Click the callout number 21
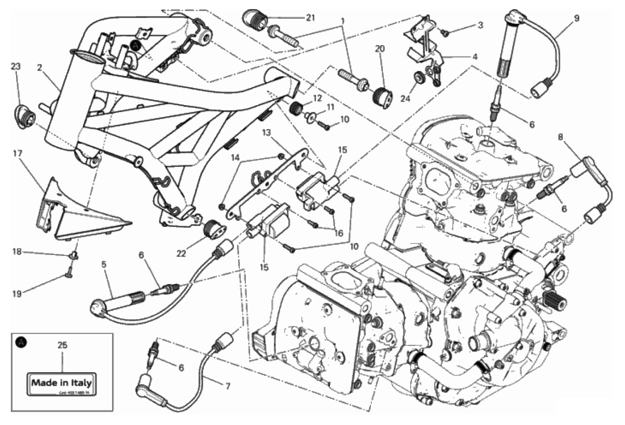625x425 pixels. (x=310, y=18)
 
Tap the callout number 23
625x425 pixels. (x=16, y=66)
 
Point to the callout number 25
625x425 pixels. (x=62, y=345)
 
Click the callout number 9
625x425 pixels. (x=576, y=18)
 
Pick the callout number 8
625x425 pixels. (x=561, y=138)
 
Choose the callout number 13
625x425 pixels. (x=266, y=133)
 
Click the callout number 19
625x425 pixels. (x=18, y=294)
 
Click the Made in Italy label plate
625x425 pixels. (x=62, y=384)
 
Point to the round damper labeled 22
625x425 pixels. (x=213, y=230)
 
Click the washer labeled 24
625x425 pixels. (x=418, y=78)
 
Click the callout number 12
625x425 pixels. (x=317, y=98)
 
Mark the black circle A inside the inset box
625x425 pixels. (x=21, y=342)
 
